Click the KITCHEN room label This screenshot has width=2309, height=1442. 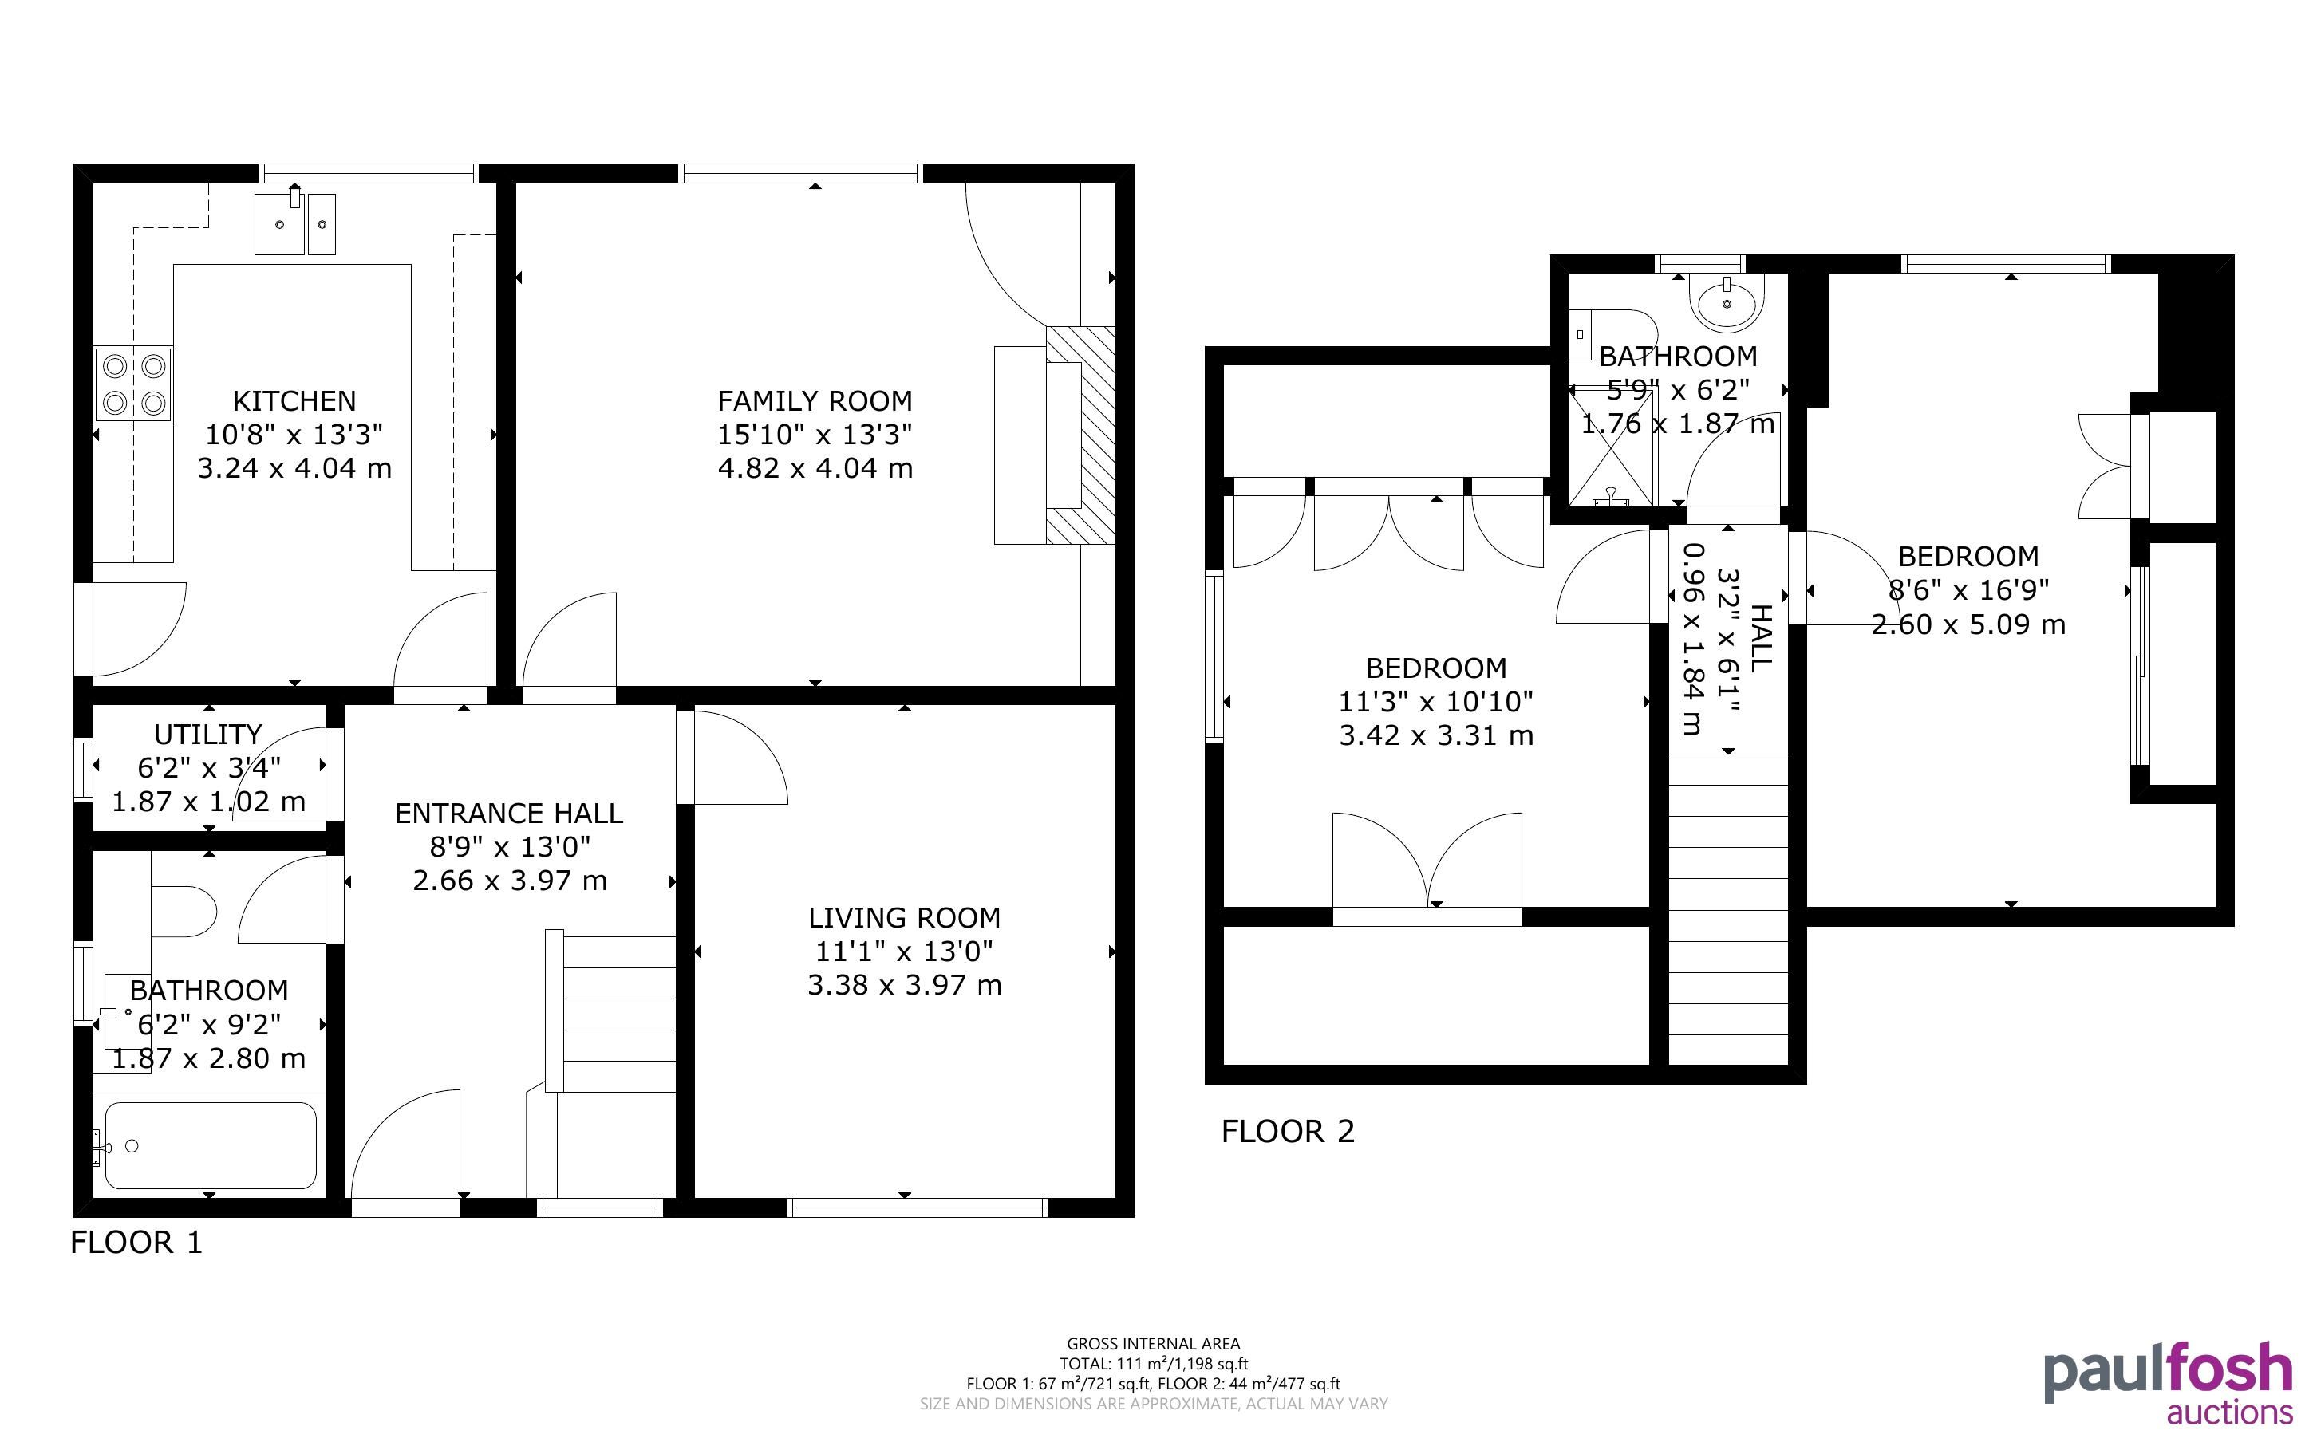[x=294, y=400]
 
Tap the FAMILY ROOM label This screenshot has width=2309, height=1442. [x=815, y=400]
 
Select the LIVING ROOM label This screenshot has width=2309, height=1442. [x=904, y=917]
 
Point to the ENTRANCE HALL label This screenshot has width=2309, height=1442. [x=508, y=814]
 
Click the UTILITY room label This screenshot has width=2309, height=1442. [x=208, y=735]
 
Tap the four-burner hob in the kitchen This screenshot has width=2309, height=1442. [x=133, y=384]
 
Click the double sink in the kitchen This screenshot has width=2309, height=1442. [x=294, y=223]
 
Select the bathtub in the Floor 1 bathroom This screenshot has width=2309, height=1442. [x=210, y=1145]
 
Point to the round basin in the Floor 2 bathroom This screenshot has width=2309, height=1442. [x=1727, y=299]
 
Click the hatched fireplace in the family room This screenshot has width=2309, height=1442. [x=1080, y=435]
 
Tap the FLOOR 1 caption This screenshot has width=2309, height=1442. [x=136, y=1243]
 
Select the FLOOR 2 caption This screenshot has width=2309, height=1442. [x=1288, y=1131]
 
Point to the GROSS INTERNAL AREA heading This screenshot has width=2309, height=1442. [x=1153, y=1344]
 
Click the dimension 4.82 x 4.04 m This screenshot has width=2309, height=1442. [x=815, y=468]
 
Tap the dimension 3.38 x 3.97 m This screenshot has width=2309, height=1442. [x=904, y=985]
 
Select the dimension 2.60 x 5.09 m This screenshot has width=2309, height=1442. [x=1968, y=624]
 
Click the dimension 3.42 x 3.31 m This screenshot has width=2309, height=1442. [x=1435, y=736]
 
